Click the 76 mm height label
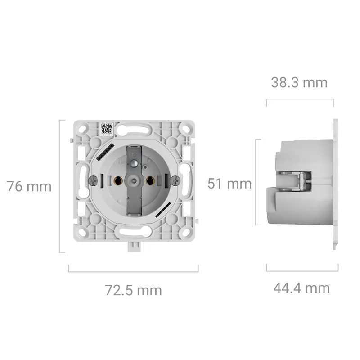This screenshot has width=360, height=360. (x=29, y=186)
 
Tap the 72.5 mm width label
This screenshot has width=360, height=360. (x=133, y=290)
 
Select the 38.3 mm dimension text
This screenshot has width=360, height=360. (x=299, y=82)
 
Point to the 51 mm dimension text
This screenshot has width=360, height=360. (x=229, y=184)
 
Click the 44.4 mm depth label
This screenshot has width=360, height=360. (x=301, y=288)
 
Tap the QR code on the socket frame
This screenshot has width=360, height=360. (x=107, y=129)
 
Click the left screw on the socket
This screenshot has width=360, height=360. (x=93, y=181)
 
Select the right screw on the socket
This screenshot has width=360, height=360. (x=176, y=181)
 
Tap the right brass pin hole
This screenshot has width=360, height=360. (x=150, y=181)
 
